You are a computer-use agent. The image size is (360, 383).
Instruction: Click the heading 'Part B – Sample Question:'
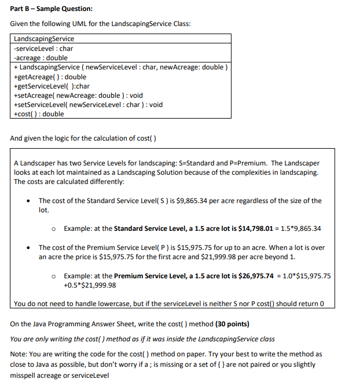click(51, 8)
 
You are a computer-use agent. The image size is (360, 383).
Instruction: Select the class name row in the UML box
click(44, 39)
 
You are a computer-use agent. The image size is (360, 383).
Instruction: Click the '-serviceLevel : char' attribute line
click(43, 49)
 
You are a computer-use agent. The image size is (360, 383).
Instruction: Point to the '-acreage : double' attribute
click(40, 58)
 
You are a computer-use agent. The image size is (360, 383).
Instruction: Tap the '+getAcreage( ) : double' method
click(49, 76)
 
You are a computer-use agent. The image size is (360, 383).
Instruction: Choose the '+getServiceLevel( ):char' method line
click(51, 86)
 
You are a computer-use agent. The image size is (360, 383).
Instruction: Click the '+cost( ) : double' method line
click(38, 114)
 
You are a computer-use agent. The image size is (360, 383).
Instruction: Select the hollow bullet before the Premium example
click(54, 276)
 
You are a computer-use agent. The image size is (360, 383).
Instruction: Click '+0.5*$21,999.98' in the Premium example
click(90, 285)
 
